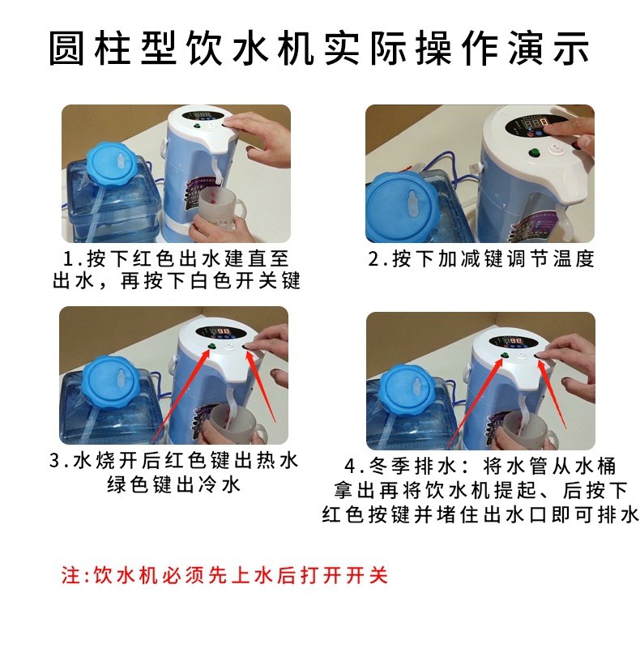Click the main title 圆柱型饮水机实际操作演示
coord(319,48)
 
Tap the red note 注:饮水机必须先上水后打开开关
coord(224,575)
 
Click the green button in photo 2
coord(533,152)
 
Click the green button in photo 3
coord(212,347)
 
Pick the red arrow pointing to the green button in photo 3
coord(182,393)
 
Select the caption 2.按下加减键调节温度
coord(481,258)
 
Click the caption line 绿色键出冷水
coord(173,484)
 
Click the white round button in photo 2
coord(553,149)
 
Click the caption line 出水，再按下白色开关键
coord(176,281)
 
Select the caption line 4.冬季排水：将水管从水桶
coord(480,467)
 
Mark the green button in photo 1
coord(197,126)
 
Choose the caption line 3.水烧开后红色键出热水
coord(173,460)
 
